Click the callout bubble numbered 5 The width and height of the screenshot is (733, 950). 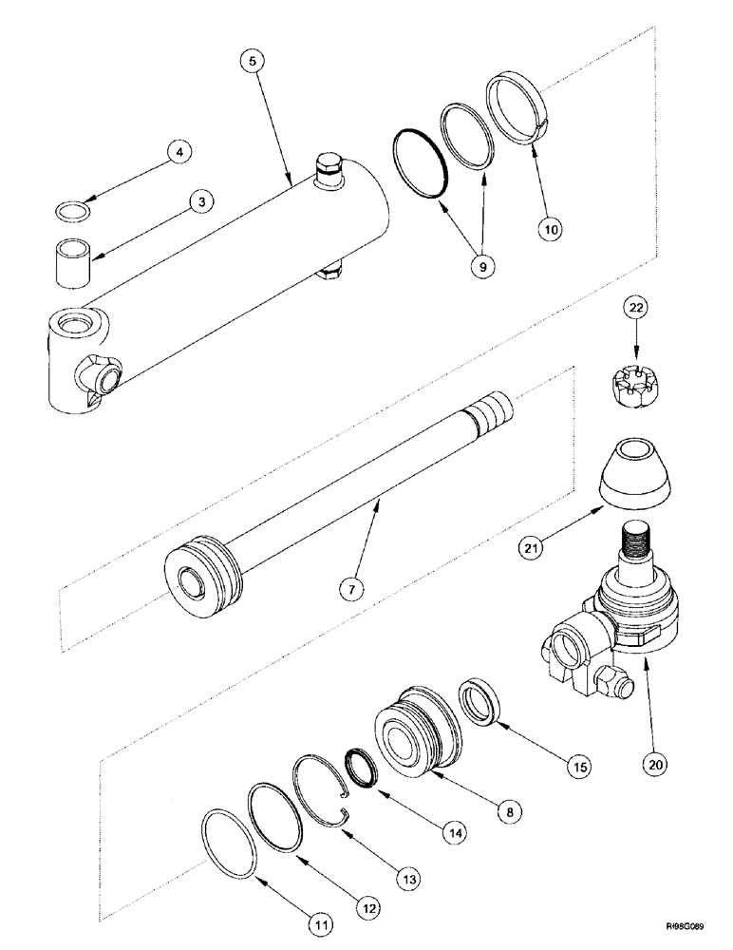point(252,62)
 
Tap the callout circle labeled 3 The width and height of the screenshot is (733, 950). point(200,201)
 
